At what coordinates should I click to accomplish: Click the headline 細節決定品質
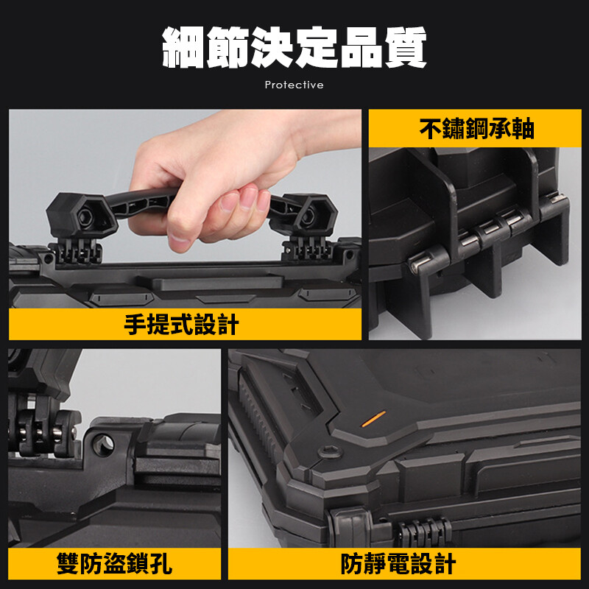(294, 47)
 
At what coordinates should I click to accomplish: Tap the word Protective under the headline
(294, 85)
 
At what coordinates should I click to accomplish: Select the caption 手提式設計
(181, 324)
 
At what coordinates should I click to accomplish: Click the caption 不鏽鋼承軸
(476, 128)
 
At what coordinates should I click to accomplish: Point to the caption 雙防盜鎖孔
(114, 563)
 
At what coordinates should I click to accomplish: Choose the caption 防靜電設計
(398, 563)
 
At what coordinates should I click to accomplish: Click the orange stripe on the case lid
(373, 418)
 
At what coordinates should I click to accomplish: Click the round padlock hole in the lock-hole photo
(103, 445)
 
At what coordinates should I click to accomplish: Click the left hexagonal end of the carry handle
(81, 216)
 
